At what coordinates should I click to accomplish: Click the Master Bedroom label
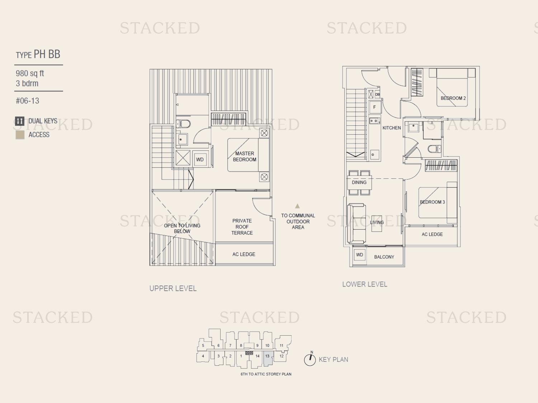[245, 156]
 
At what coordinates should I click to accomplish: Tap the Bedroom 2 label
[453, 98]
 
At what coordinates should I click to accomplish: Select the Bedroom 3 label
[432, 202]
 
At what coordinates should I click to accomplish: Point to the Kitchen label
[392, 128]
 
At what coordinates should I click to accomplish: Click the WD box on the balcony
[360, 255]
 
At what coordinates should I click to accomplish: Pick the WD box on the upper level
[200, 159]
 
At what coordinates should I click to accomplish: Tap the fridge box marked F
[374, 107]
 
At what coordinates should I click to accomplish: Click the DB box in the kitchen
[377, 94]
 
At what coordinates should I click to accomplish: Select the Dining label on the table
[359, 182]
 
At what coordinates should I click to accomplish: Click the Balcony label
[384, 257]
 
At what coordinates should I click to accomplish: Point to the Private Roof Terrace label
[242, 227]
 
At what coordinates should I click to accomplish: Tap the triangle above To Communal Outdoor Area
[297, 206]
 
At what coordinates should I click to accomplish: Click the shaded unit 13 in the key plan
[268, 358]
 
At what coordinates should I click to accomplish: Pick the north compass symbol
[310, 359]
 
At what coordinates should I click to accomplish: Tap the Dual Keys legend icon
[20, 121]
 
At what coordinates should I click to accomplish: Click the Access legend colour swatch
[20, 135]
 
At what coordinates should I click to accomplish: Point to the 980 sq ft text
[30, 73]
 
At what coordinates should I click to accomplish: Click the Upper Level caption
[173, 288]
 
